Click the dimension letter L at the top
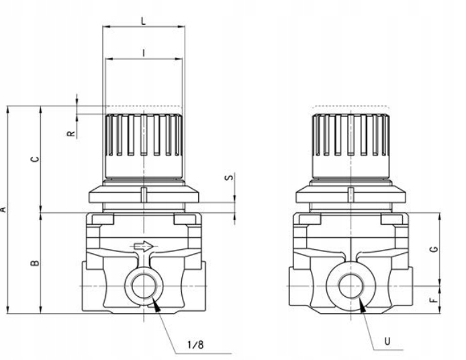click(x=143, y=20)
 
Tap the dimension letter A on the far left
click(x=3, y=209)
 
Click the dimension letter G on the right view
click(x=435, y=248)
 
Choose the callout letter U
click(x=386, y=341)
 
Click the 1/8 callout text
click(x=195, y=345)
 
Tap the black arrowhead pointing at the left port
click(x=157, y=305)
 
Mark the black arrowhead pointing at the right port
click(x=363, y=305)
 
